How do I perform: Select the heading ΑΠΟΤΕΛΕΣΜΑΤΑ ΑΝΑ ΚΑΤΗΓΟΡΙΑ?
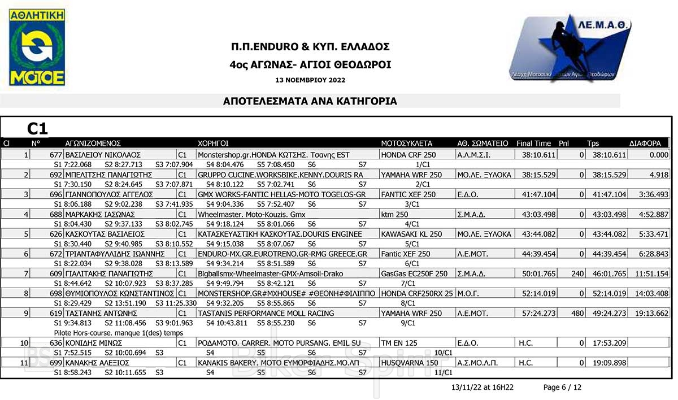310,102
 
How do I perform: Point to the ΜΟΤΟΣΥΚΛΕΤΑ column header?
406,144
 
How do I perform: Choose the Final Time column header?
533,144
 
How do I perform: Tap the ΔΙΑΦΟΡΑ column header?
645,144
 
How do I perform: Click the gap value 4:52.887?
651,215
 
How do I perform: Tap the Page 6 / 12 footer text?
562,388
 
